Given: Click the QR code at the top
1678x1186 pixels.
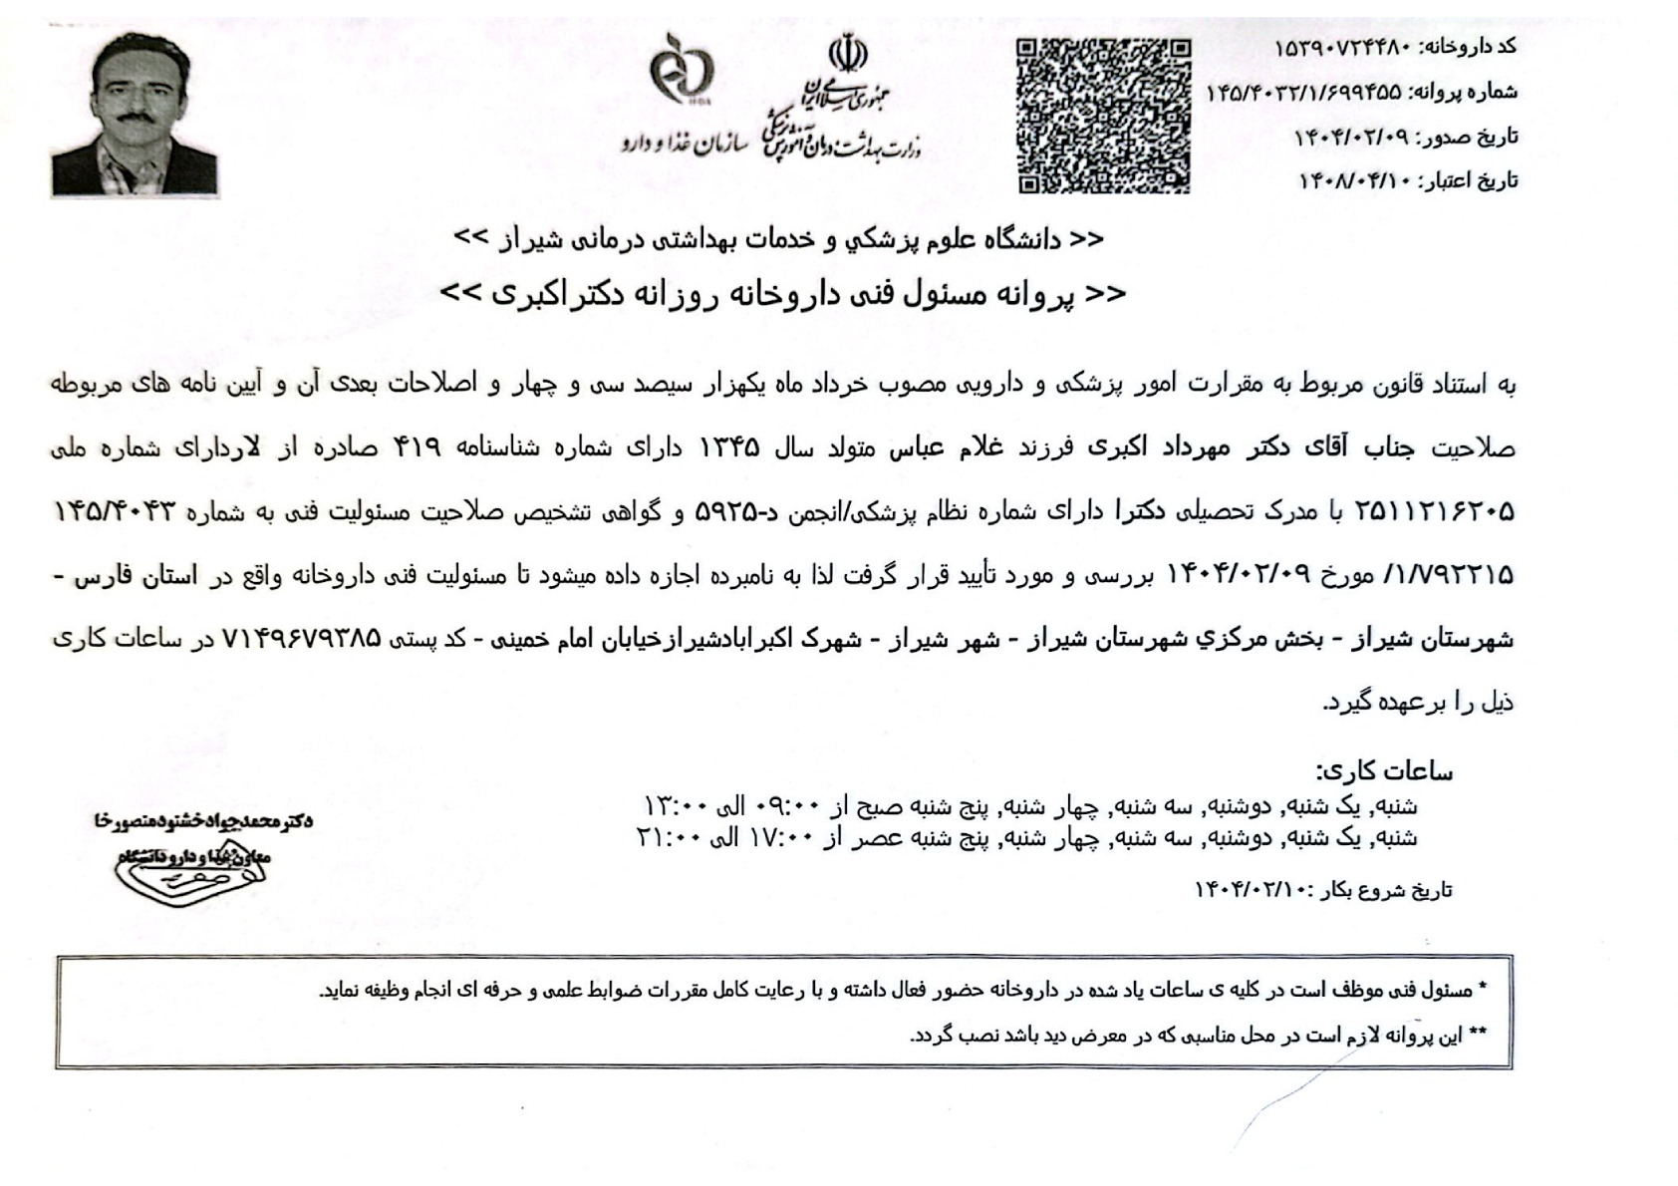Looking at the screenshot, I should point(1103,116).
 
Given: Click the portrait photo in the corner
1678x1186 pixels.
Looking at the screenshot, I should point(135,114).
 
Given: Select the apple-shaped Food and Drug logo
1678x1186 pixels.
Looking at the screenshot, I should point(682,70).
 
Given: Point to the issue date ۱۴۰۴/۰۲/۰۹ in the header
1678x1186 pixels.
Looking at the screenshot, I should point(1352,137).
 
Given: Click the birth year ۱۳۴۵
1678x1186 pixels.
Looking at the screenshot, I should point(729,448).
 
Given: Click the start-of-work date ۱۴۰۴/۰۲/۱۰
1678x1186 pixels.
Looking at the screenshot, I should point(1253,890).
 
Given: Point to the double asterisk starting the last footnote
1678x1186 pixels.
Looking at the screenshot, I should point(1478,1036).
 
